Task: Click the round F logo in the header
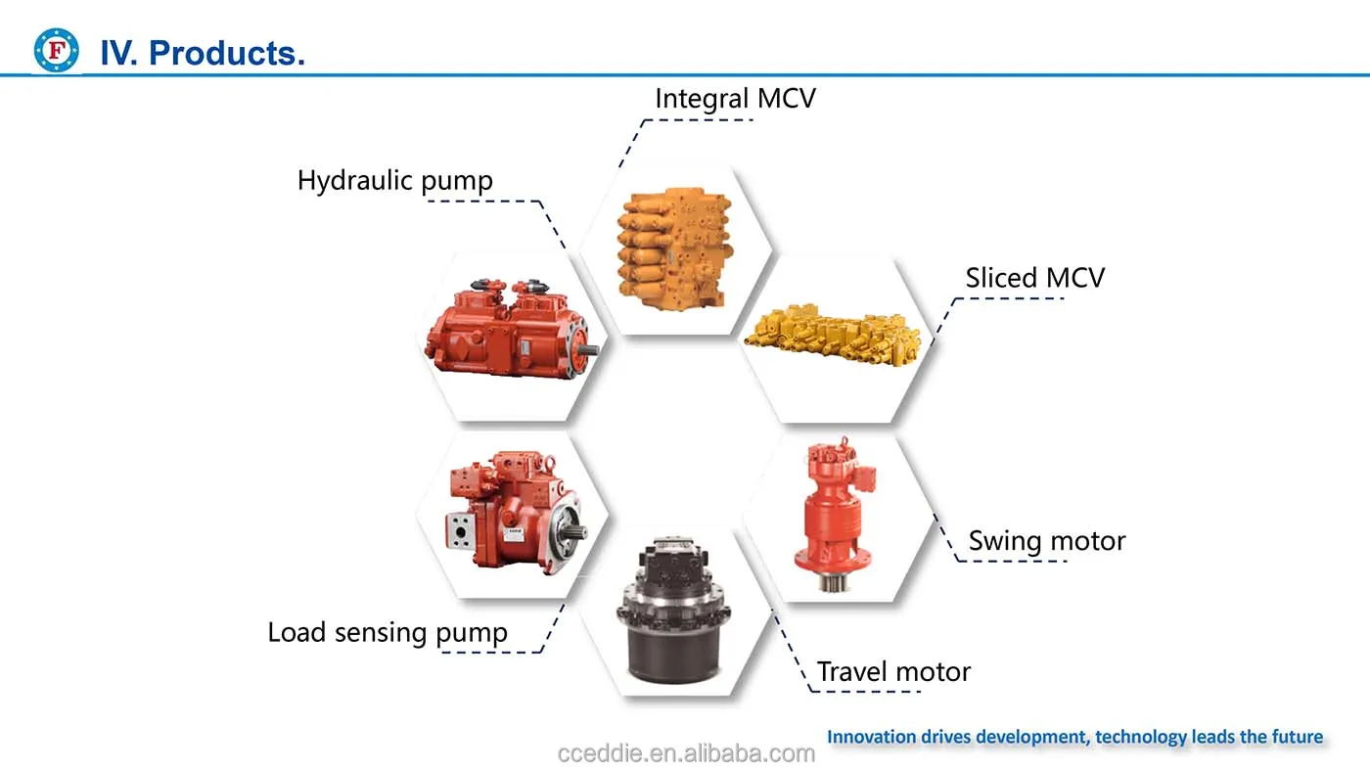coord(56,50)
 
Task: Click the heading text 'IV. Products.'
coord(203,53)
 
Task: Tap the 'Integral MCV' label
coord(734,98)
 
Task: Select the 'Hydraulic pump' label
coord(394,180)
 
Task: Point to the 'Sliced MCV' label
coord(1034,278)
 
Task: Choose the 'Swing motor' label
coord(1046,540)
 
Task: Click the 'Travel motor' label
coord(893,671)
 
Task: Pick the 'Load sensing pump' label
coord(388,632)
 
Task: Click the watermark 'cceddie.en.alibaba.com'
coord(686,753)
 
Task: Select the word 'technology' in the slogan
coord(1140,737)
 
